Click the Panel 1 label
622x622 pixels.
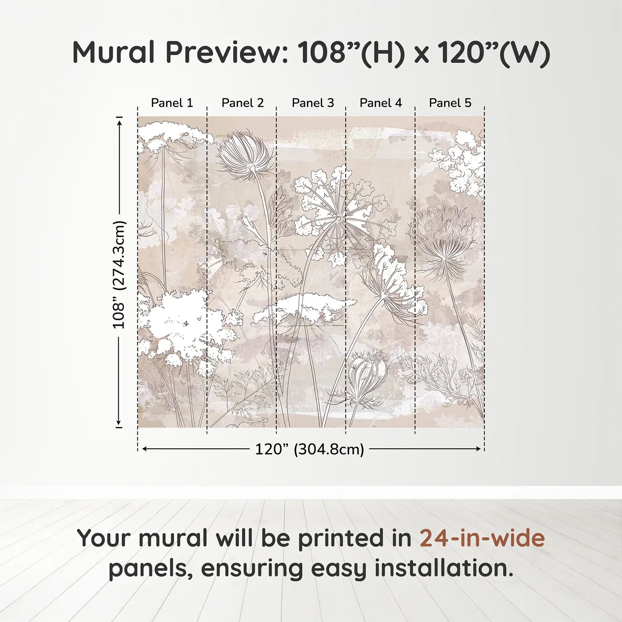tap(172, 103)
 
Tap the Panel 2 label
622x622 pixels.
tap(243, 103)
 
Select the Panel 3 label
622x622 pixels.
tap(313, 103)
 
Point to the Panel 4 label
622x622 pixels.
tap(381, 103)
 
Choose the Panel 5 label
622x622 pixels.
tap(450, 103)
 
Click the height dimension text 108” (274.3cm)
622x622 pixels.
tap(119, 275)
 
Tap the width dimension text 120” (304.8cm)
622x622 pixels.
tap(309, 449)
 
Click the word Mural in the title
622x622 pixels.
tap(114, 52)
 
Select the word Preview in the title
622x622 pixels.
tap(226, 52)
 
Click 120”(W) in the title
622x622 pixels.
tap(494, 52)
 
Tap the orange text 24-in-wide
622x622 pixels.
tap(482, 538)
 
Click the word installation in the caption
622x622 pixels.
tap(443, 568)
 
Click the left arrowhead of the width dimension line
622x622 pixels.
tap(144, 449)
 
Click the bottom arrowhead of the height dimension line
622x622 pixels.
tap(119, 423)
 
